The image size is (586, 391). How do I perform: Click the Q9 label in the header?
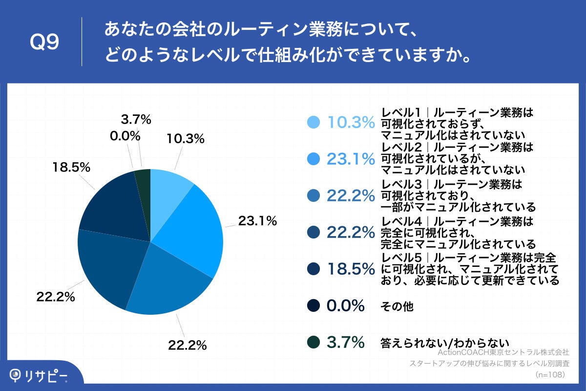coord(44,43)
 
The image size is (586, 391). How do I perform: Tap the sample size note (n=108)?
coord(550,374)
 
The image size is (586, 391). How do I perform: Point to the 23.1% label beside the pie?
coord(257,221)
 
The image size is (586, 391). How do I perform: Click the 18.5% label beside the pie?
coord(71,167)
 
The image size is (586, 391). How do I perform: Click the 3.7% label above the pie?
coord(135,119)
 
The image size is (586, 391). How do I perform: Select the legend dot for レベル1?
coord(314,123)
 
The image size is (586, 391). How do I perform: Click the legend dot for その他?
coord(314,306)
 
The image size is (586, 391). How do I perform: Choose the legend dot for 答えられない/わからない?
coord(314,343)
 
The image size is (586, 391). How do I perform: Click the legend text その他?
coord(397,306)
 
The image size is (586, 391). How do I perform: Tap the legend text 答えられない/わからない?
coord(444,343)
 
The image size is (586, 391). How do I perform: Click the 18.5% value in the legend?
coord(350,269)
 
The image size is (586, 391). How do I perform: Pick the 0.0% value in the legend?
coord(346,306)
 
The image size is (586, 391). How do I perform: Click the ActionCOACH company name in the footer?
coord(503,352)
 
